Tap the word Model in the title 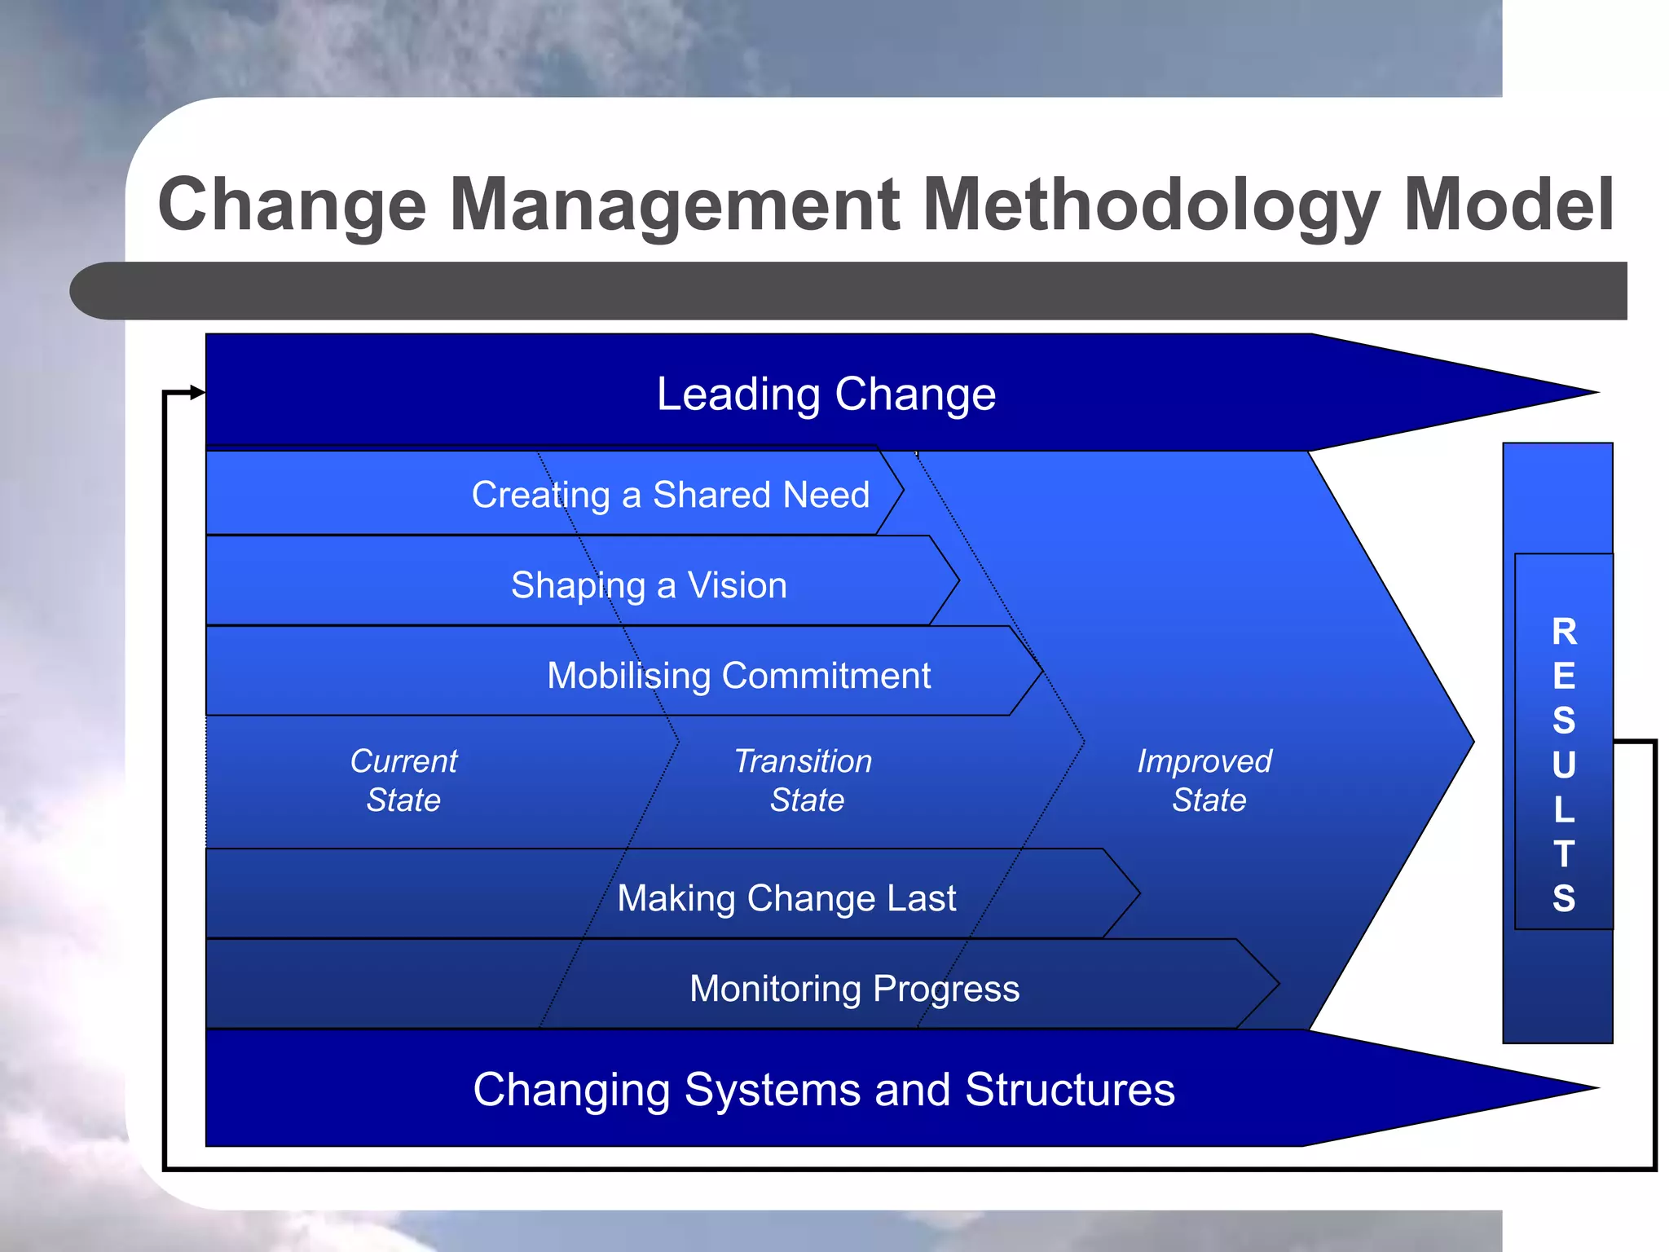point(1508,205)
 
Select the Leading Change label point(826,395)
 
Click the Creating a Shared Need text point(670,495)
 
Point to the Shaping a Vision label point(649,585)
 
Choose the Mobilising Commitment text point(738,676)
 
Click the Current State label point(403,780)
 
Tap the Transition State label point(804,780)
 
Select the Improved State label point(1206,780)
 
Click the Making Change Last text point(786,898)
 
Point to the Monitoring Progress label point(854,989)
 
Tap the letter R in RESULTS point(1564,632)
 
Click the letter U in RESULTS point(1564,765)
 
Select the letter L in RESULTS point(1564,809)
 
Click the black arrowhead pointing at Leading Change point(197,393)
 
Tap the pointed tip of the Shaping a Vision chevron point(957,580)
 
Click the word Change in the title point(292,205)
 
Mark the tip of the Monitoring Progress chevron point(1276,984)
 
